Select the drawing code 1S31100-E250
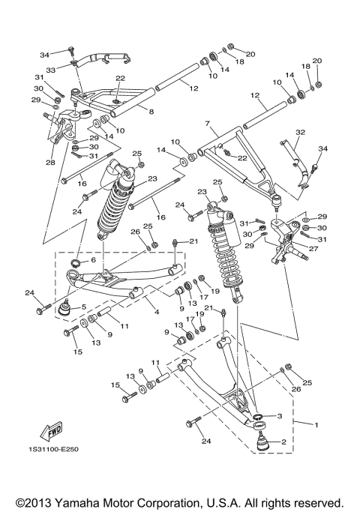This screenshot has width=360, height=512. tap(55, 449)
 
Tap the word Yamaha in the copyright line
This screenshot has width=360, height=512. tap(82, 502)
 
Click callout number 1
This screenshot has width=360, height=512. tap(316, 425)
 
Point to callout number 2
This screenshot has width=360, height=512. tap(283, 442)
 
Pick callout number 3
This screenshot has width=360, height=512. tap(279, 415)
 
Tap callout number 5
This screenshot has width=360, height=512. tap(83, 307)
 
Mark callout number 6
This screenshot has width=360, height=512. tap(93, 259)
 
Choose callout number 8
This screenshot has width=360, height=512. tap(151, 111)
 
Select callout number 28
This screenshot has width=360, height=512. tap(51, 163)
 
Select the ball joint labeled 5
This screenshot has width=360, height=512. tap(65, 306)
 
